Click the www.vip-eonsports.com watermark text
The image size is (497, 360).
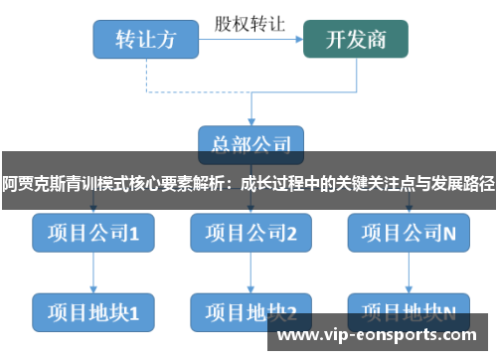[x=382, y=337]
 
